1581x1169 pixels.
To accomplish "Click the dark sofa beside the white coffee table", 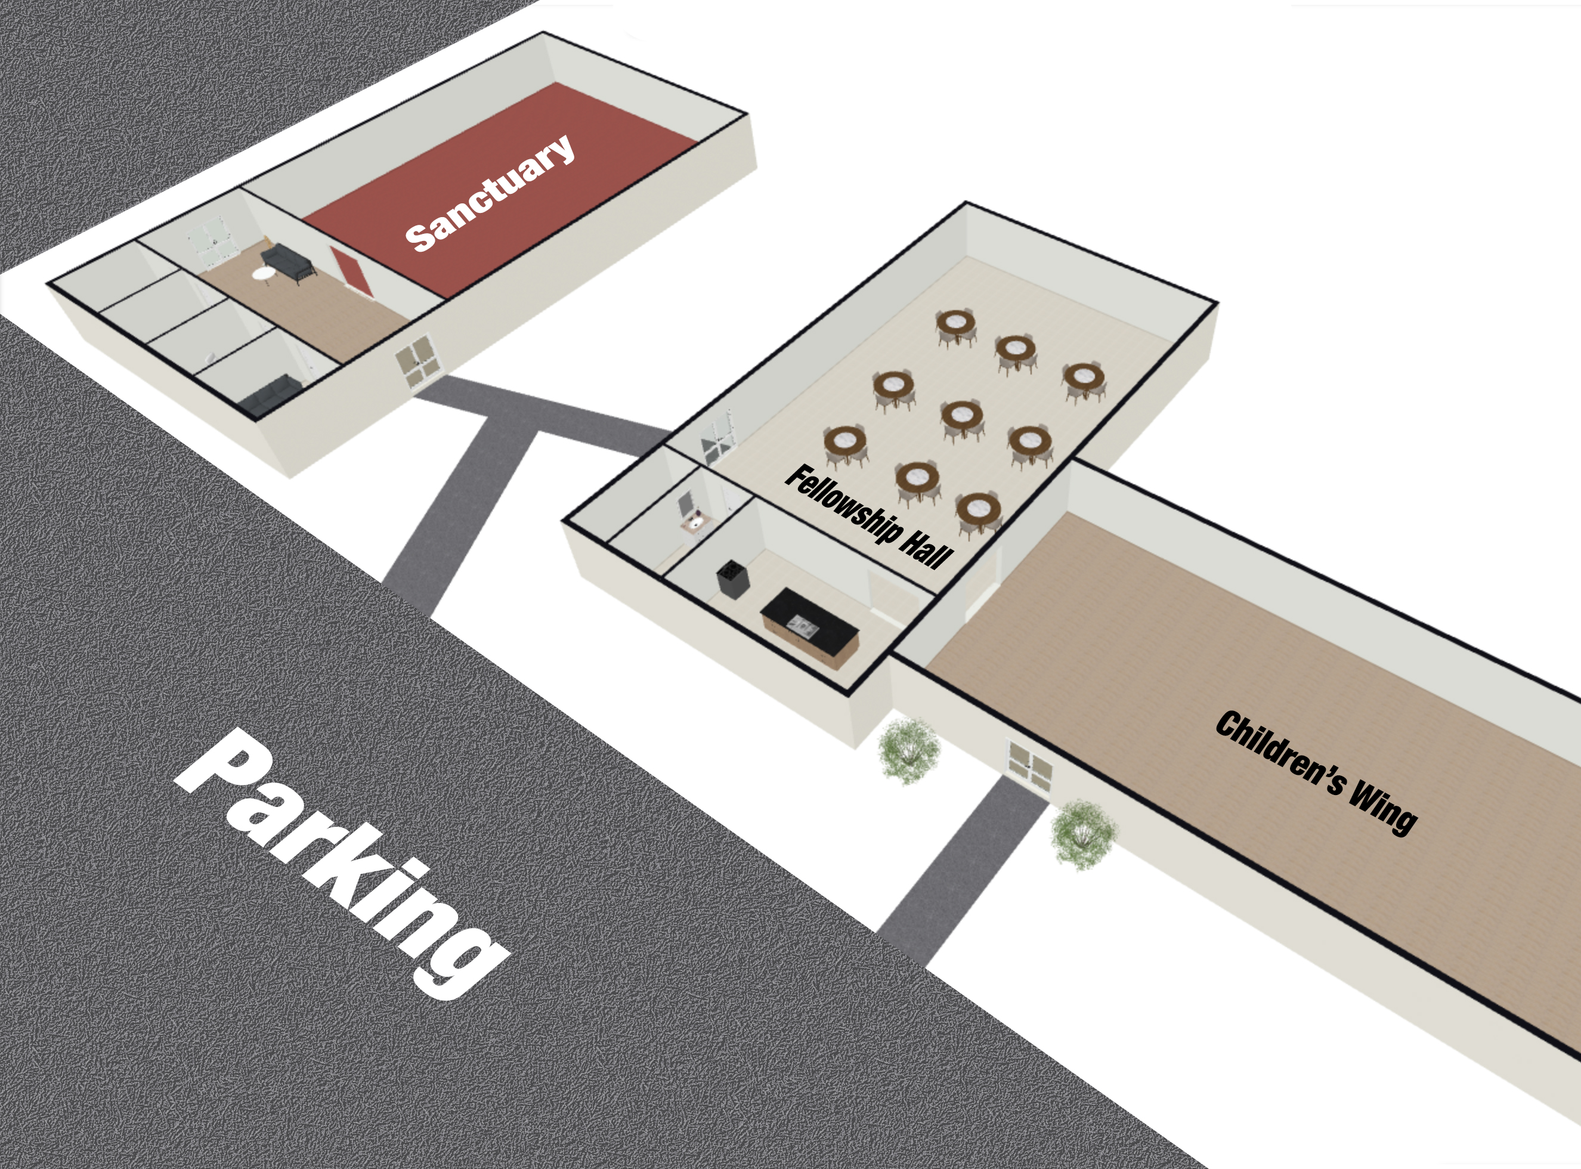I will pos(288,261).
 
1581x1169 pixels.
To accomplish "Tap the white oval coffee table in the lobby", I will pos(265,273).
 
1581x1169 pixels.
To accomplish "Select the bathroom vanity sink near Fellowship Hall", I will pos(695,523).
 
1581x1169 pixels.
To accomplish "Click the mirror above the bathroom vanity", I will pos(685,503).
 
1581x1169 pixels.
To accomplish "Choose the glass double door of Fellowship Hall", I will pos(719,440).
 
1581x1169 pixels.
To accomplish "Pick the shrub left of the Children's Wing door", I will pos(908,750).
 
